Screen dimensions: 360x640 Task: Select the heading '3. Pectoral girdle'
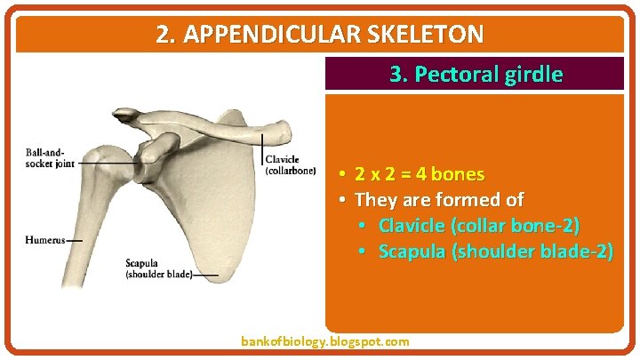pos(476,74)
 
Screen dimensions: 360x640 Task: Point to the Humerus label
pos(44,240)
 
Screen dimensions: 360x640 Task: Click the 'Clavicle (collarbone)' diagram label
pos(291,165)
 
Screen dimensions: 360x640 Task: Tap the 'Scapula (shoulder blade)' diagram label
pos(157,269)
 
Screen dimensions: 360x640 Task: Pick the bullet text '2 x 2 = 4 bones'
pos(420,173)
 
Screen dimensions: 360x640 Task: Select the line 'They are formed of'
pos(439,199)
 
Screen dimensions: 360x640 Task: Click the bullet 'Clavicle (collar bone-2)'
pos(479,226)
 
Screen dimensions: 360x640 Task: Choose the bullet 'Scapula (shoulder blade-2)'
pos(495,252)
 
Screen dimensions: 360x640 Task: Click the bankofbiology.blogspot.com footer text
pos(325,341)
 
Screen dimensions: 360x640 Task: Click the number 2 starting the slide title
pos(162,35)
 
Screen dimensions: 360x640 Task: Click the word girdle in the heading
pos(532,74)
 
